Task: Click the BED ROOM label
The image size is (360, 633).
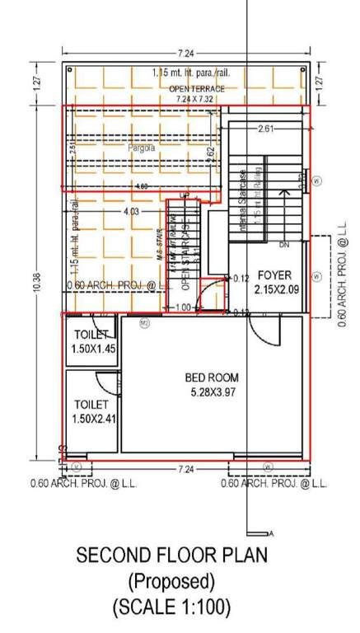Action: (211, 377)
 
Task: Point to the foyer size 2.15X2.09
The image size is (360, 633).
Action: (276, 289)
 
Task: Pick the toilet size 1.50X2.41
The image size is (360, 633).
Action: (92, 419)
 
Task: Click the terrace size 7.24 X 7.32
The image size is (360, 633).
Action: (195, 98)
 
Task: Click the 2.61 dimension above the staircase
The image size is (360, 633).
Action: (266, 129)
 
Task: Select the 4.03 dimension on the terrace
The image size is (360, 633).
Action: (130, 212)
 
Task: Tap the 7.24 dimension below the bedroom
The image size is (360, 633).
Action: (186, 468)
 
